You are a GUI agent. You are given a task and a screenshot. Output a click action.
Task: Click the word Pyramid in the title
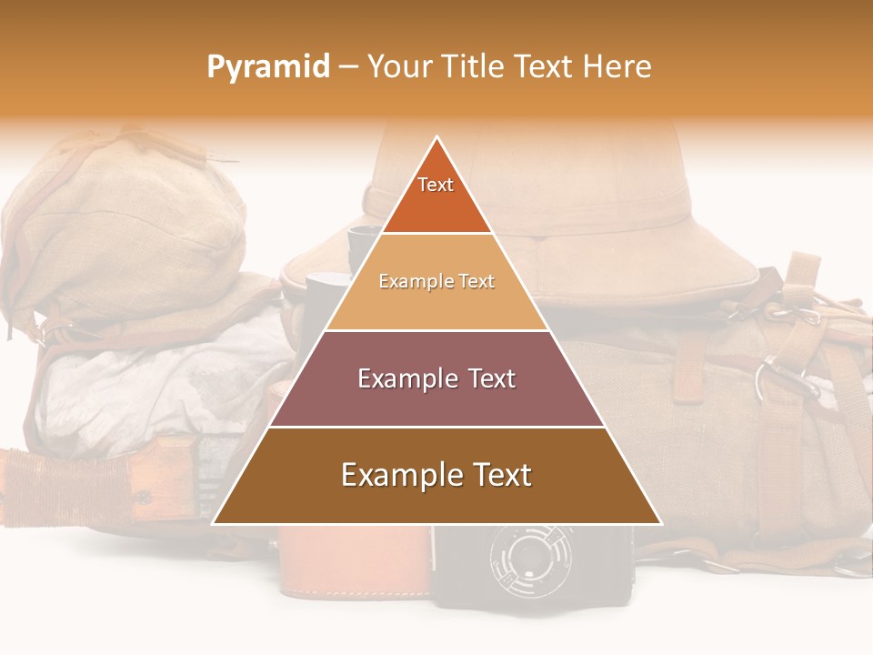(268, 67)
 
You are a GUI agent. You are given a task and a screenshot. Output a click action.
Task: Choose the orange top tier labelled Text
(436, 196)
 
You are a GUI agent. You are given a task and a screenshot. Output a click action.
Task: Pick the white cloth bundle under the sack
(164, 382)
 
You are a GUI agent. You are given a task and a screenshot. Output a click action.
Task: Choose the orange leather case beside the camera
(355, 564)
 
